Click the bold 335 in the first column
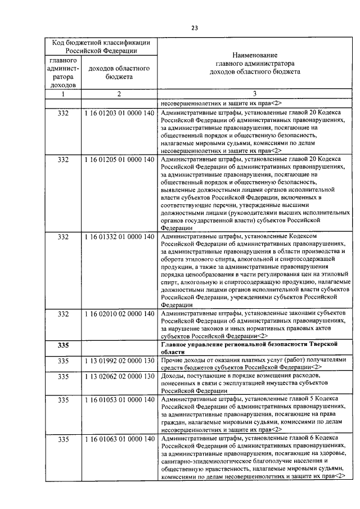click(x=63, y=345)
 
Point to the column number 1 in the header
click(x=63, y=94)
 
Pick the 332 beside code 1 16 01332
click(x=63, y=237)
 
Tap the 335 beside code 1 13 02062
click(x=63, y=376)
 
